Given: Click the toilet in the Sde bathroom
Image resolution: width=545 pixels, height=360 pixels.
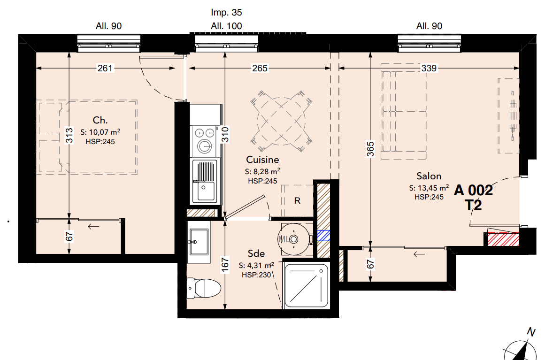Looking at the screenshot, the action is tap(204, 288).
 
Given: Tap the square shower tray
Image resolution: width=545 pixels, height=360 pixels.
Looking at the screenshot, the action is tap(306, 286).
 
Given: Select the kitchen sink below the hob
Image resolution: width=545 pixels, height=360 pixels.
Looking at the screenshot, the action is tap(205, 181).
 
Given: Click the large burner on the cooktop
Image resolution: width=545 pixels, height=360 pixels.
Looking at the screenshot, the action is tap(204, 146).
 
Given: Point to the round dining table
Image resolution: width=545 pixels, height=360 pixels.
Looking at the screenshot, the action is tap(281, 121).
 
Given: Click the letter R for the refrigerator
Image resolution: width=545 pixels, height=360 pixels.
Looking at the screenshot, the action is tap(297, 201).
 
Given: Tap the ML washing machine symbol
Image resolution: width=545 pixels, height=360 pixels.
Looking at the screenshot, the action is tap(294, 239).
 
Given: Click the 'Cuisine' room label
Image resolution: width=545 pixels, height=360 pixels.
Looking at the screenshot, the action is tap(262, 160).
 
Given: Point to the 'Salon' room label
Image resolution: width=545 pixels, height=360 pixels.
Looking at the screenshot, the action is tap(429, 176).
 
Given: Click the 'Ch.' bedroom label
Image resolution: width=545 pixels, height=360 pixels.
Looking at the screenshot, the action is tap(100, 120).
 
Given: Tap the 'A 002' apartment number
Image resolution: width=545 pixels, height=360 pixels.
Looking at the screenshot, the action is tap(473, 190).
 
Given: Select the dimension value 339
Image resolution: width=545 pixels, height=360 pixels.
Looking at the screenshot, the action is tap(429, 68).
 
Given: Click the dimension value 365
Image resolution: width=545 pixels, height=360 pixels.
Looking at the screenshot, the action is tap(370, 149).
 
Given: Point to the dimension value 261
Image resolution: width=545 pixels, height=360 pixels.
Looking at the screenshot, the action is tap(105, 68).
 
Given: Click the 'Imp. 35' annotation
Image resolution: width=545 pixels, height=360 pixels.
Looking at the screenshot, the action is tap(226, 13).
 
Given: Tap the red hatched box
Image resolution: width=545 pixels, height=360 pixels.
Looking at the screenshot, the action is tap(503, 239).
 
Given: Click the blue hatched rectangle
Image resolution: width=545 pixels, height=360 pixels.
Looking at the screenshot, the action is tap(323, 236).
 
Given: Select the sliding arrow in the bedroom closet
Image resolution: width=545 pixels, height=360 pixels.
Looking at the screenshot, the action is tap(93, 227).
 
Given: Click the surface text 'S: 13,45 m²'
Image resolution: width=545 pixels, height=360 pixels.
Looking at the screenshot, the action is tap(429, 188).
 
